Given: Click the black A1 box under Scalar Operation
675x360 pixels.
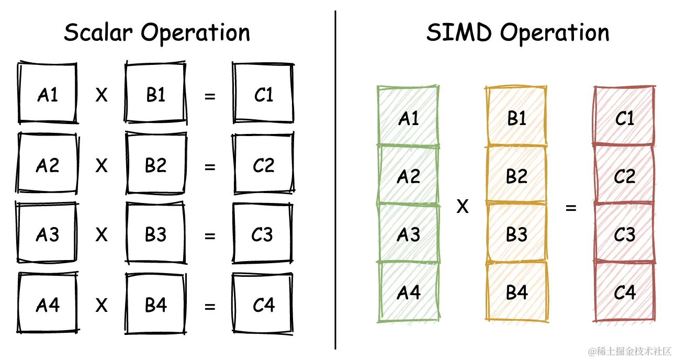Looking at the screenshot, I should [48, 95].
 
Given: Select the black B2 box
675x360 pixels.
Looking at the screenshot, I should [155, 165].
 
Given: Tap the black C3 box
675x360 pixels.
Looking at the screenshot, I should [263, 235].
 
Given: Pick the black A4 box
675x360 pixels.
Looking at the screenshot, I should [48, 305].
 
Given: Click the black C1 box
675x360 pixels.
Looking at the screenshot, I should [263, 95].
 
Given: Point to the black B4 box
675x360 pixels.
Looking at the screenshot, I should [155, 305].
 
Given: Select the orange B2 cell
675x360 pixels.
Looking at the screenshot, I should [516, 175].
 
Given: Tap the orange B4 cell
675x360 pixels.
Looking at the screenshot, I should [516, 292].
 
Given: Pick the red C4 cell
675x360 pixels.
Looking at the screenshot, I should [624, 292].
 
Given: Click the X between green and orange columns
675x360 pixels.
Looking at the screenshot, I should [462, 208].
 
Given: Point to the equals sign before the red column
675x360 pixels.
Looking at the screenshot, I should [571, 208].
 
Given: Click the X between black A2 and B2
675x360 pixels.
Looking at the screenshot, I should [102, 166].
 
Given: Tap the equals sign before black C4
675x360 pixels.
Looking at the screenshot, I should [210, 306].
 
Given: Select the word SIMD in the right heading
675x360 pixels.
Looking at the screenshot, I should [459, 33].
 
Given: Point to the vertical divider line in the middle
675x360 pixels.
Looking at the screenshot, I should [335, 178].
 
